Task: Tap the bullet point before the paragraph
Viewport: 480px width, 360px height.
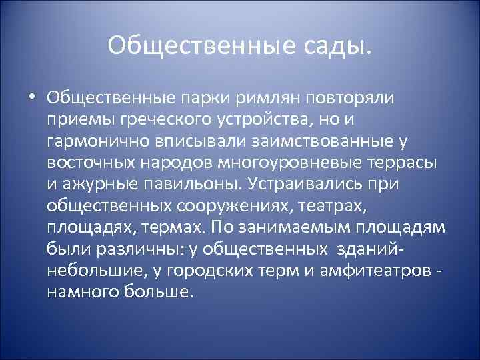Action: coord(33,97)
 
